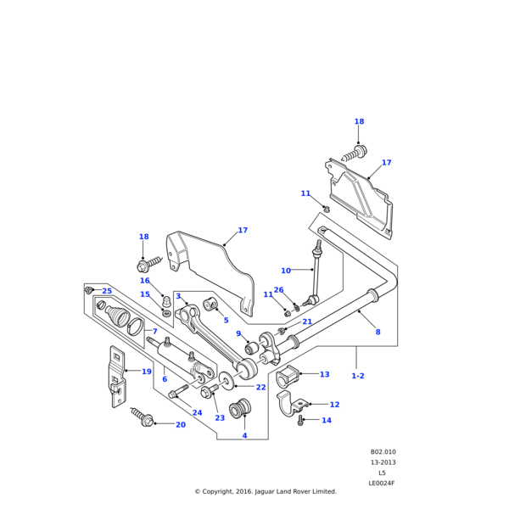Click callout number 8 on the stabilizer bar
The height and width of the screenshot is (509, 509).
(x=378, y=332)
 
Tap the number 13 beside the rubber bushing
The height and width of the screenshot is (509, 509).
(x=324, y=374)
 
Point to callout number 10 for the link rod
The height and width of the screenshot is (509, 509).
(x=286, y=271)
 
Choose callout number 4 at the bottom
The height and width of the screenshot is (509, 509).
(x=244, y=435)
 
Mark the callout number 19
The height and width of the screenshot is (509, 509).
(x=147, y=372)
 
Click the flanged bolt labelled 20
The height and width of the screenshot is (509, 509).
(x=141, y=416)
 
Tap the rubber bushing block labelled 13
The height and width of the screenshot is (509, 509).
(x=289, y=375)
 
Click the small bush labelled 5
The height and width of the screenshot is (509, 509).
(x=210, y=306)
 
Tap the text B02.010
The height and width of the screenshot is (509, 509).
(x=383, y=452)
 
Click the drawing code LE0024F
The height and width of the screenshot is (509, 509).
(x=382, y=483)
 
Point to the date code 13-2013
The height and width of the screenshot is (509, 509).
(x=383, y=462)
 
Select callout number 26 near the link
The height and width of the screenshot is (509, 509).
(x=278, y=314)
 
